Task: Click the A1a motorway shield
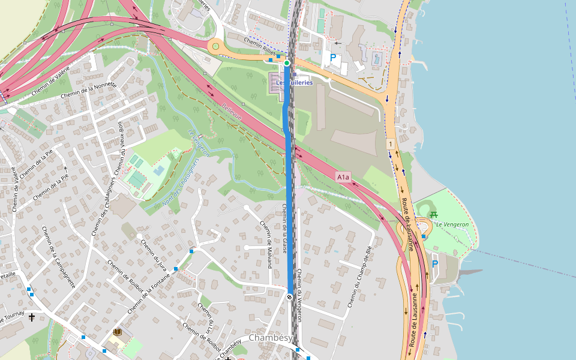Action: click(x=343, y=177)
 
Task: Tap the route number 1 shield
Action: click(x=391, y=144)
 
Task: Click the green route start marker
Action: click(x=287, y=63)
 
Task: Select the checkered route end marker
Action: click(x=290, y=297)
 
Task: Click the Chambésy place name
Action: click(x=270, y=338)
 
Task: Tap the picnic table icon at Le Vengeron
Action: click(x=434, y=215)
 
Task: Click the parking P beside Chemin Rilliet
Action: click(x=332, y=59)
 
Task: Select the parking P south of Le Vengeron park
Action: click(x=435, y=263)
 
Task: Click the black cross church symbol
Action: click(x=32, y=316)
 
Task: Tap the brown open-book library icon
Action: click(x=118, y=332)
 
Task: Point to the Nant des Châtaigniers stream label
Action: click(x=180, y=182)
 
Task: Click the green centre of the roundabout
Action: click(x=216, y=46)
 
